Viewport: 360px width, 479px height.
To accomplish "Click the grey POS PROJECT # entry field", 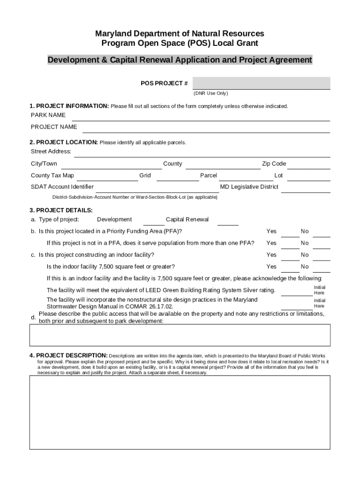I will [x=261, y=83].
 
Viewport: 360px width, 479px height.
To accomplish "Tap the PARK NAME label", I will [x=48, y=115].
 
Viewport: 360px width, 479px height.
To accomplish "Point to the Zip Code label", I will [x=274, y=164].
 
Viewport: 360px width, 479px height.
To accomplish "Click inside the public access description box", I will [x=180, y=335].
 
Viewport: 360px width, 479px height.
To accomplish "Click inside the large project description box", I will [x=180, y=412].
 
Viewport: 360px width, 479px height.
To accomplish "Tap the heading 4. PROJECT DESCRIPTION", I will [x=69, y=356].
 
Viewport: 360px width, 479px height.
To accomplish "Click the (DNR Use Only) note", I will [x=211, y=94].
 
